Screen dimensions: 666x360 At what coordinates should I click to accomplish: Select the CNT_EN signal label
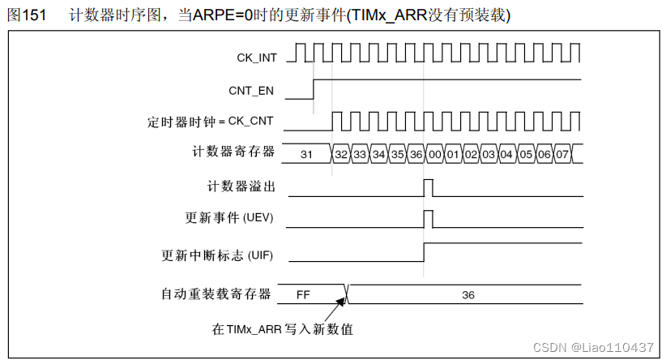(x=252, y=91)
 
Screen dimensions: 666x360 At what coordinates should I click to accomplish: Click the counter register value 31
(x=306, y=153)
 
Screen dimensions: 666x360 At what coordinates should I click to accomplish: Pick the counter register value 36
(x=416, y=153)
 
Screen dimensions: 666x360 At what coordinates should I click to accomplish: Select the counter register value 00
(x=435, y=153)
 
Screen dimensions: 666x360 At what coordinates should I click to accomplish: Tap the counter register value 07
(x=561, y=153)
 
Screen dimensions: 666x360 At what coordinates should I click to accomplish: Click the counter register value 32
(x=342, y=153)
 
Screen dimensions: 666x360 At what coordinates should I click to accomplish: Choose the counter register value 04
(x=506, y=153)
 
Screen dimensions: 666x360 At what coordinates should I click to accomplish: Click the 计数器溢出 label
(x=242, y=187)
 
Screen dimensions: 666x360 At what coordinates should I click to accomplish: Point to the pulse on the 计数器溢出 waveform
(x=429, y=188)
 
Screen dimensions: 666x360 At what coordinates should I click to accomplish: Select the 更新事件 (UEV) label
(x=230, y=219)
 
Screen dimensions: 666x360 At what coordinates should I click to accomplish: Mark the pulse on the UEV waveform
(x=429, y=220)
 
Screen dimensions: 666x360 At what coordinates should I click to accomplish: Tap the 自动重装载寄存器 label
(x=217, y=294)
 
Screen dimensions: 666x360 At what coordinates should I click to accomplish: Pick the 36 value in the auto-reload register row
(x=468, y=294)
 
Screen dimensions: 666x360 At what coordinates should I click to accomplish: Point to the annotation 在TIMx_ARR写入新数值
(x=283, y=329)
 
